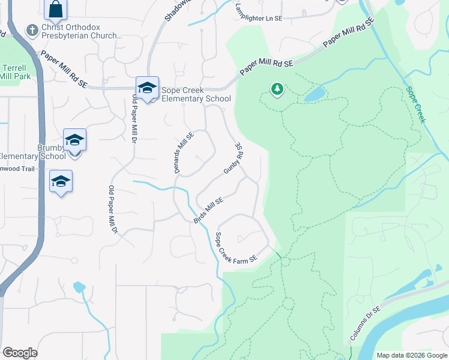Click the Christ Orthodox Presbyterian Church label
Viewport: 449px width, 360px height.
(x=82, y=32)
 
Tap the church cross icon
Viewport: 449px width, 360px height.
(x=32, y=29)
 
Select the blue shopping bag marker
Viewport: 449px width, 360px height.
(x=55, y=9)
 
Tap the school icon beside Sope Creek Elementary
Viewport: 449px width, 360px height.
(x=147, y=88)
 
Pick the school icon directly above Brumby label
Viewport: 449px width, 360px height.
(x=74, y=140)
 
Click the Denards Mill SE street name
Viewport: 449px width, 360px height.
(x=184, y=153)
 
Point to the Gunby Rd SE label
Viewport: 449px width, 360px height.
(x=233, y=158)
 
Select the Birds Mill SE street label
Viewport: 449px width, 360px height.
(x=209, y=211)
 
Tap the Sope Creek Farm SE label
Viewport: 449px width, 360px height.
(x=236, y=247)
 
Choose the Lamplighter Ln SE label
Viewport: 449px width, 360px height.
(x=259, y=19)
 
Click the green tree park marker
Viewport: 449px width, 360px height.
(x=277, y=90)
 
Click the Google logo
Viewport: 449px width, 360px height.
(x=20, y=353)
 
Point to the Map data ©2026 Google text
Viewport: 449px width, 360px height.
(x=412, y=355)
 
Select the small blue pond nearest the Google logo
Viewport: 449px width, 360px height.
(x=79, y=287)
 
